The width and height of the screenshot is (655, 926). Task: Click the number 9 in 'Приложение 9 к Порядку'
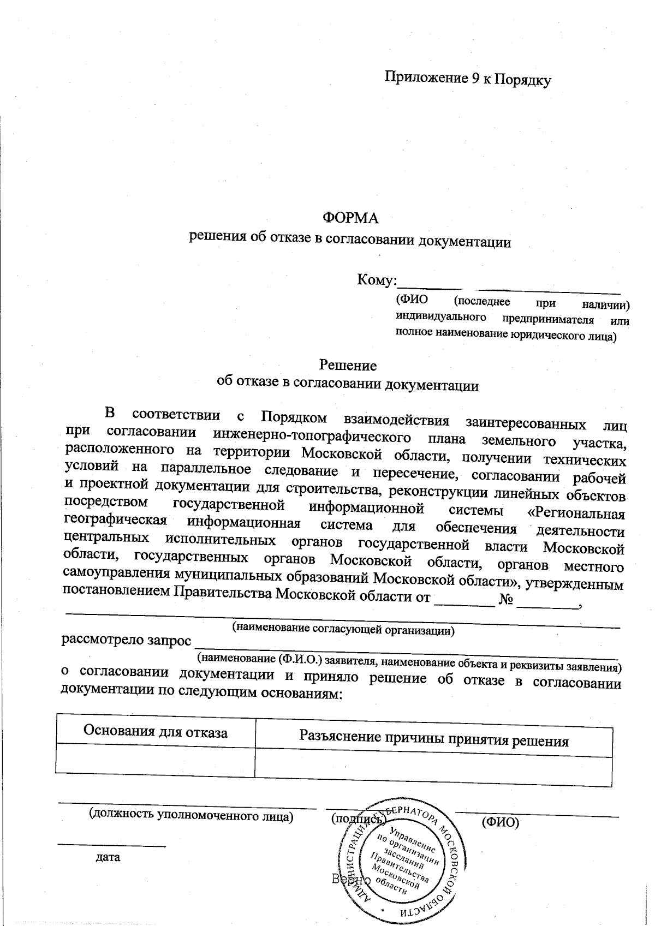(474, 79)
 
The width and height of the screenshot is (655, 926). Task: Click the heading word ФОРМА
(351, 218)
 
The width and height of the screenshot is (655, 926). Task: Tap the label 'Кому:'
(377, 280)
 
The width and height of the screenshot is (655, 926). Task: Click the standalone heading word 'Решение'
(348, 365)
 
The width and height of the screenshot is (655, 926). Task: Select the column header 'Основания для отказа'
(155, 732)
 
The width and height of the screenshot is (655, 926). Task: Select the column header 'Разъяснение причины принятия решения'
(433, 740)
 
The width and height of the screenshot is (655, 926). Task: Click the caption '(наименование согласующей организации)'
(343, 628)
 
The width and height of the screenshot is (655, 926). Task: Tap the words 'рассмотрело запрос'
(127, 640)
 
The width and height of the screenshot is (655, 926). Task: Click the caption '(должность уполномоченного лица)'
(192, 816)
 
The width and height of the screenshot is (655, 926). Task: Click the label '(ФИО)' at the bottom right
(500, 822)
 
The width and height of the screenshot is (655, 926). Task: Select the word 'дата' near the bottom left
(108, 857)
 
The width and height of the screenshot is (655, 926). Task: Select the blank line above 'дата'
(112, 845)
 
